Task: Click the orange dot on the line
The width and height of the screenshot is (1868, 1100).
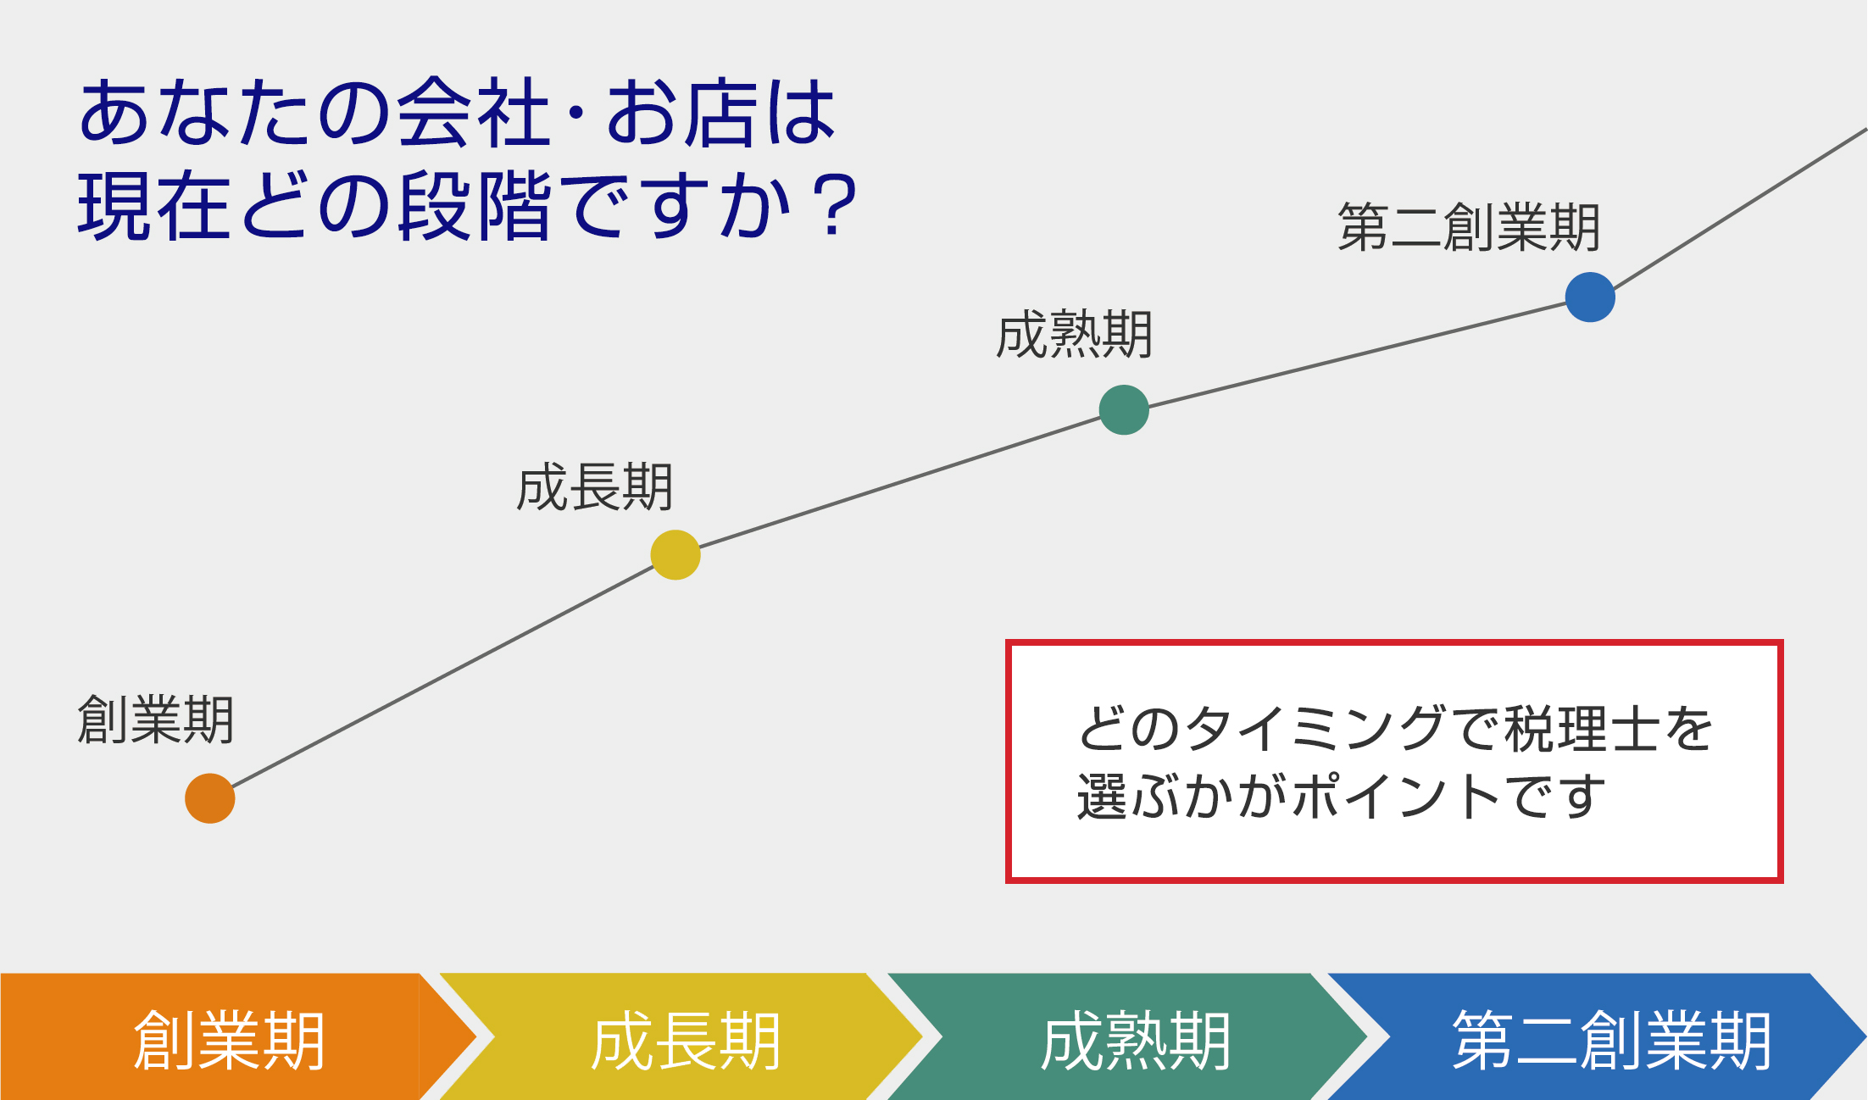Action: (209, 798)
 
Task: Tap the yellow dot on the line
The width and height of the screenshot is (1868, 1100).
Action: (675, 555)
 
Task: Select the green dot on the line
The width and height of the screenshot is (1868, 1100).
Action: (1124, 410)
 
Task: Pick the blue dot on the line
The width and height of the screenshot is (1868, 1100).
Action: (1590, 297)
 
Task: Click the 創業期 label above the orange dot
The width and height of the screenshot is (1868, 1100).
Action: (156, 720)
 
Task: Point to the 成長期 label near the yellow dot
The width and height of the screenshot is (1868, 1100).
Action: (595, 488)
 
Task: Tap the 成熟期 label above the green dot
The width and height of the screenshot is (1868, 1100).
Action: (1075, 336)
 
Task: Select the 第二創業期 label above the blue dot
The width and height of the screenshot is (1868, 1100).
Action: (1469, 228)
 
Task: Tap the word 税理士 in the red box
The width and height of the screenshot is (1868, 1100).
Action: (1582, 729)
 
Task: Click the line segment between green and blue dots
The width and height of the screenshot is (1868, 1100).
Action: (1356, 354)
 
